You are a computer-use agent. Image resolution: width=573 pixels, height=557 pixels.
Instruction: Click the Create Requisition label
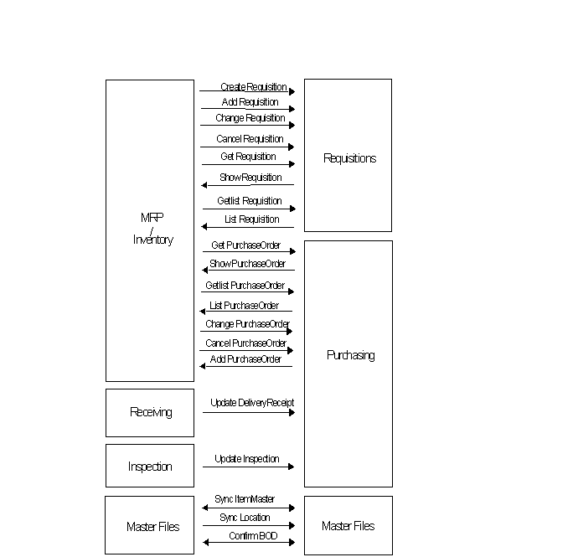point(253,87)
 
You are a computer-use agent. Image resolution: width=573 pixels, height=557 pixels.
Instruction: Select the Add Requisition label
point(250,102)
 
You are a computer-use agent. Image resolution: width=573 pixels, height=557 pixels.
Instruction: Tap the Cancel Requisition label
point(250,139)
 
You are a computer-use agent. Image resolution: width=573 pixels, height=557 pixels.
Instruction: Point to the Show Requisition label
point(250,178)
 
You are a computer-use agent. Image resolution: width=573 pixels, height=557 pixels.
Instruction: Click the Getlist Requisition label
point(250,201)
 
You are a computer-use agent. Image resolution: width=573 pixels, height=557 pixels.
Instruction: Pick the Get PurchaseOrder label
point(246,245)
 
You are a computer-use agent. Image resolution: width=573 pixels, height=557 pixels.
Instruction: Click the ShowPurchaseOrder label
point(247,264)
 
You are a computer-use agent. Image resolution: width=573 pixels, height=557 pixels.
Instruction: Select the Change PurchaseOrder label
point(247,324)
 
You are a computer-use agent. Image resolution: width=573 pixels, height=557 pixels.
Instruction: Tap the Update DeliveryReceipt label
point(252,403)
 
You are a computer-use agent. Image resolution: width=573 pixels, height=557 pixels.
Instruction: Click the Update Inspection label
point(246,459)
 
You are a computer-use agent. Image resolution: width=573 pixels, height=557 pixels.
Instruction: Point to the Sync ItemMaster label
point(245,499)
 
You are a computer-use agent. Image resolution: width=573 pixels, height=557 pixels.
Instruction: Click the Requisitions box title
point(349,158)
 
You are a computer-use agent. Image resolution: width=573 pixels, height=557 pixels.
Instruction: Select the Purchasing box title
point(350,355)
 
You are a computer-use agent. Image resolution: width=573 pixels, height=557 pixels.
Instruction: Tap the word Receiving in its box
point(151,412)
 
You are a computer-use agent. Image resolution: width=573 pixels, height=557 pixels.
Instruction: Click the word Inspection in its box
point(150,467)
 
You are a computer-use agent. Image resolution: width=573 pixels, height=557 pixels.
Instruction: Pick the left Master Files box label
point(152,527)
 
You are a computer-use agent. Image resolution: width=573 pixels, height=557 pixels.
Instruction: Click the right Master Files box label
point(348,526)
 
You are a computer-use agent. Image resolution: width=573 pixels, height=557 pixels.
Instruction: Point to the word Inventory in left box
point(152,240)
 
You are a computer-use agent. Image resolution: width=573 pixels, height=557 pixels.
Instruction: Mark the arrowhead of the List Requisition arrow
point(204,226)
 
